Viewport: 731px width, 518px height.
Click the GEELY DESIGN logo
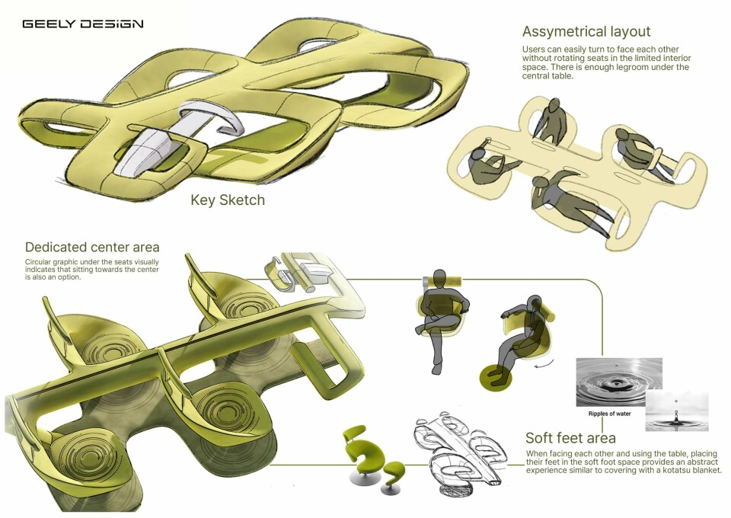[x=83, y=24]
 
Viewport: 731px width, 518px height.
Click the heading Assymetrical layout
[x=586, y=32]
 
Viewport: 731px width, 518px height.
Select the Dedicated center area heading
[x=92, y=247]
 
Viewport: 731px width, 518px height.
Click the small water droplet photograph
[x=676, y=411]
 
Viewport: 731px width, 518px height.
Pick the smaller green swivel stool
[x=391, y=474]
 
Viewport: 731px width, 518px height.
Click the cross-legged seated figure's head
[x=439, y=279]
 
